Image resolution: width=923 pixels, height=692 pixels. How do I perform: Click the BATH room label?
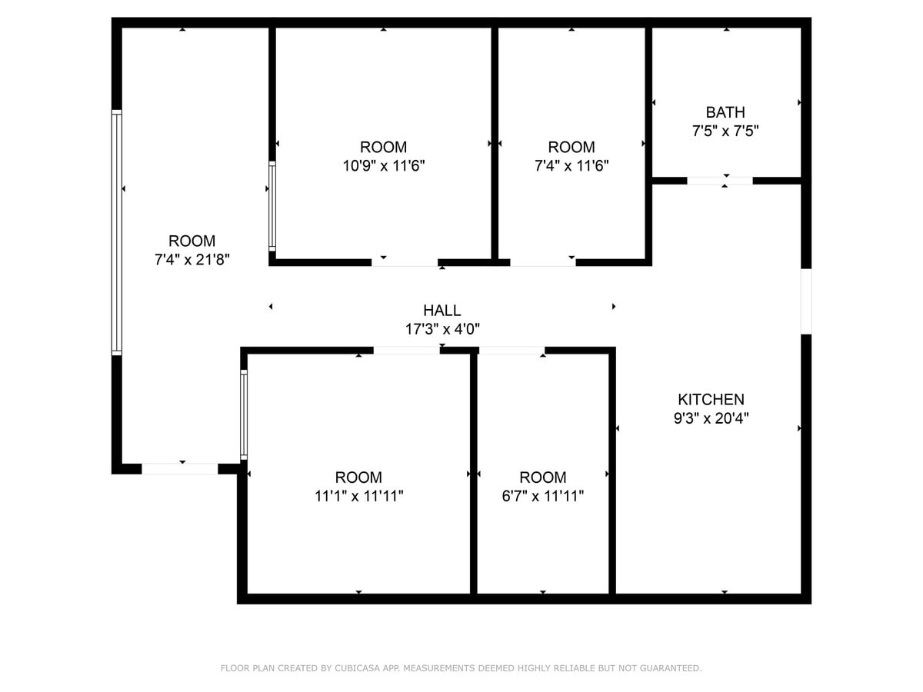click(x=725, y=112)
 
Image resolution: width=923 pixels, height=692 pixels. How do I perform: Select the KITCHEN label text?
click(x=711, y=400)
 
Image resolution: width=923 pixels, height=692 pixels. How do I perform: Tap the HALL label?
click(x=442, y=311)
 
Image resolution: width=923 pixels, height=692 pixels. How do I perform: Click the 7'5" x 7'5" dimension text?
click(x=725, y=131)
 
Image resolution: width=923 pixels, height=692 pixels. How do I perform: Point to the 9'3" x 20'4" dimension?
click(x=711, y=418)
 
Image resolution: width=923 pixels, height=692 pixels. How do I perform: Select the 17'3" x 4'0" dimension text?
click(x=442, y=329)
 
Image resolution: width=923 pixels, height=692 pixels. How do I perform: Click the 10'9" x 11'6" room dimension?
click(x=383, y=165)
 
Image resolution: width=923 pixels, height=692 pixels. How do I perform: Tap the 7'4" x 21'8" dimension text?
click(x=192, y=260)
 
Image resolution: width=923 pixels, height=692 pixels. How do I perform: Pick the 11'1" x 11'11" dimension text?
click(x=358, y=496)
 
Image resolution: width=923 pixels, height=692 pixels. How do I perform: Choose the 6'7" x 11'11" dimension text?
click(x=543, y=496)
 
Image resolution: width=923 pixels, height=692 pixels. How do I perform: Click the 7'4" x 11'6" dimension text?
click(x=571, y=165)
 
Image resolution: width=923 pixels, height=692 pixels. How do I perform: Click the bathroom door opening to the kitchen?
click(x=719, y=181)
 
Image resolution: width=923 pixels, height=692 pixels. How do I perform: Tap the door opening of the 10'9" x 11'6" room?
click(x=405, y=262)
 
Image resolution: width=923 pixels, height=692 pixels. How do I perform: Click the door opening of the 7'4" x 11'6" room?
click(x=542, y=262)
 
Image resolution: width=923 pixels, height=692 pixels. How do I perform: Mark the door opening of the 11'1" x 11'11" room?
click(x=406, y=351)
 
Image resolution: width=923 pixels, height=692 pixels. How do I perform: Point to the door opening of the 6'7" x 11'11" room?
click(x=511, y=351)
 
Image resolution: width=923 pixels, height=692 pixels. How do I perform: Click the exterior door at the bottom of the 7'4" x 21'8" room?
click(x=180, y=468)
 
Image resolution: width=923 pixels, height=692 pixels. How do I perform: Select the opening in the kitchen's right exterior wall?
click(x=806, y=301)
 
